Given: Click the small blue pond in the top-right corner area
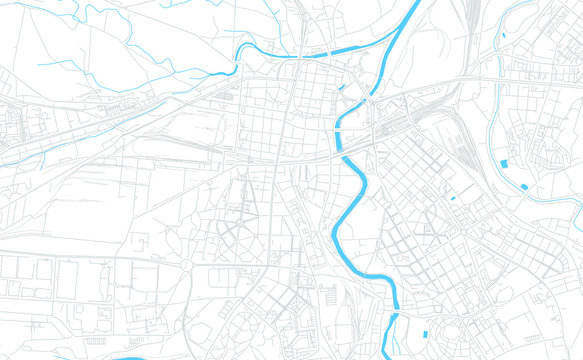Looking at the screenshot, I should pos(504,36).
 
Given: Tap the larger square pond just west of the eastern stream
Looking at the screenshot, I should pos(503,163).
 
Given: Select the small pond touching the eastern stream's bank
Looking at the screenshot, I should pos(524,187).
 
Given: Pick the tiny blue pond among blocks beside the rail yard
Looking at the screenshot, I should pos(452,197).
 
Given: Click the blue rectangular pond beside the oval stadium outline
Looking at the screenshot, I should pos(426,333).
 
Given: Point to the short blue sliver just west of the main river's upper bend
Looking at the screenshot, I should pos(342,88).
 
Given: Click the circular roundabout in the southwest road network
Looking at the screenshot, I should pos(185,265).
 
